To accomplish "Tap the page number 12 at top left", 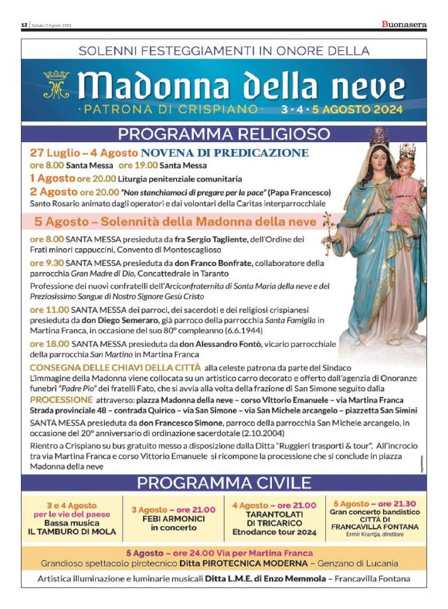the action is (25, 26).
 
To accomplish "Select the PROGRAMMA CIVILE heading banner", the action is (223, 484).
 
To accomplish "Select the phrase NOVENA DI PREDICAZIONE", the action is (225, 152).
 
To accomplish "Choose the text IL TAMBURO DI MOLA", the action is (70, 532).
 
